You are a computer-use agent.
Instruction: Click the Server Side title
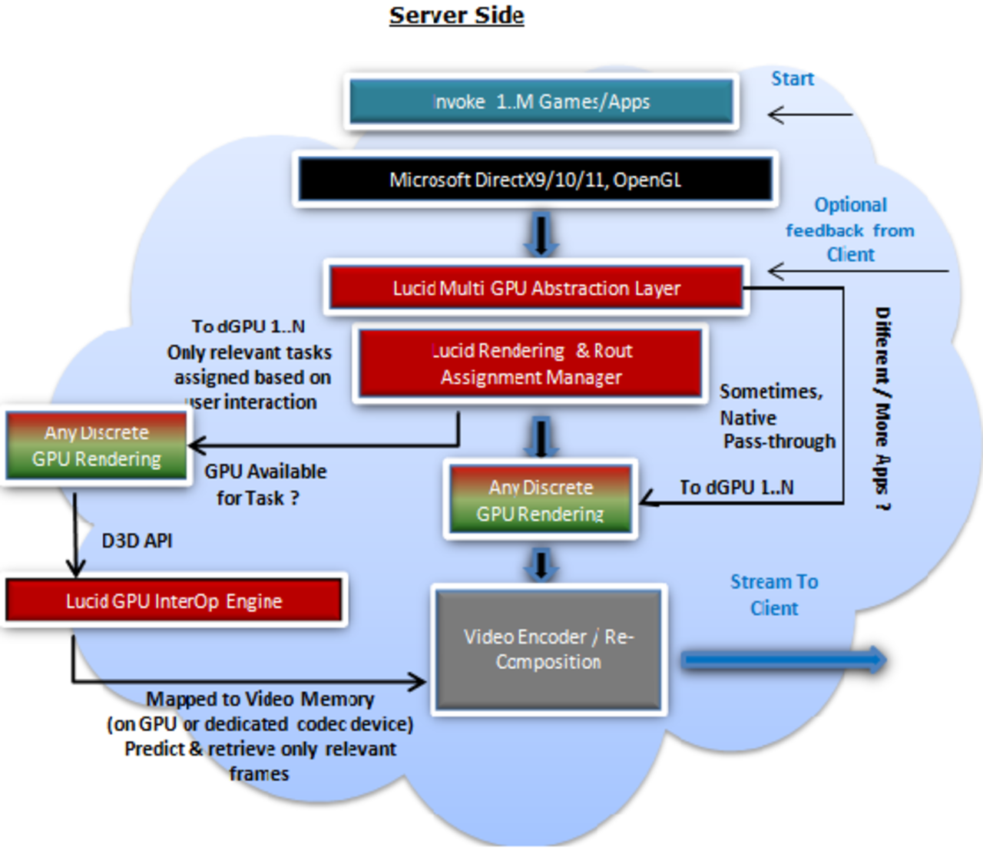(456, 15)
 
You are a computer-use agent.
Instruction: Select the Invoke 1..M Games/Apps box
(541, 101)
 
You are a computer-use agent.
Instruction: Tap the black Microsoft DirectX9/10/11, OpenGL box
(535, 180)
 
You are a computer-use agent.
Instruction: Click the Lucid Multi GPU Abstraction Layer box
(535, 288)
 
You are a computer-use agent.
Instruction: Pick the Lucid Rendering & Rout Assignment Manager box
(530, 364)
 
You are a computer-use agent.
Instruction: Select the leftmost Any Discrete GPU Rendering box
(96, 446)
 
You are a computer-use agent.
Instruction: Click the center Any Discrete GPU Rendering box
(541, 500)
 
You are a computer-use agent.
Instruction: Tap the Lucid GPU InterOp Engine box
(174, 601)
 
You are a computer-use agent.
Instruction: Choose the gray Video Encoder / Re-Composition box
(548, 650)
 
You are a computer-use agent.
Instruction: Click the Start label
(792, 79)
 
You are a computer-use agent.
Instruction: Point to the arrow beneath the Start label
(809, 115)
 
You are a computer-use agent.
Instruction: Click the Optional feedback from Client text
(850, 230)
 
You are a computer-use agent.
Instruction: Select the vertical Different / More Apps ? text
(882, 409)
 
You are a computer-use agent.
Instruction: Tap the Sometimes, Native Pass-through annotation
(776, 417)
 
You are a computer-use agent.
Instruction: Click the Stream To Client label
(774, 595)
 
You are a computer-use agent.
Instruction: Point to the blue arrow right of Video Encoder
(784, 660)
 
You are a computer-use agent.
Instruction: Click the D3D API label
(137, 541)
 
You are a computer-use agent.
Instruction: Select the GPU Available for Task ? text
(265, 485)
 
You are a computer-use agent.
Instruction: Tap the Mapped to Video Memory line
(260, 699)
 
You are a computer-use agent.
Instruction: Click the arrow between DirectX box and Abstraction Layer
(541, 235)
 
